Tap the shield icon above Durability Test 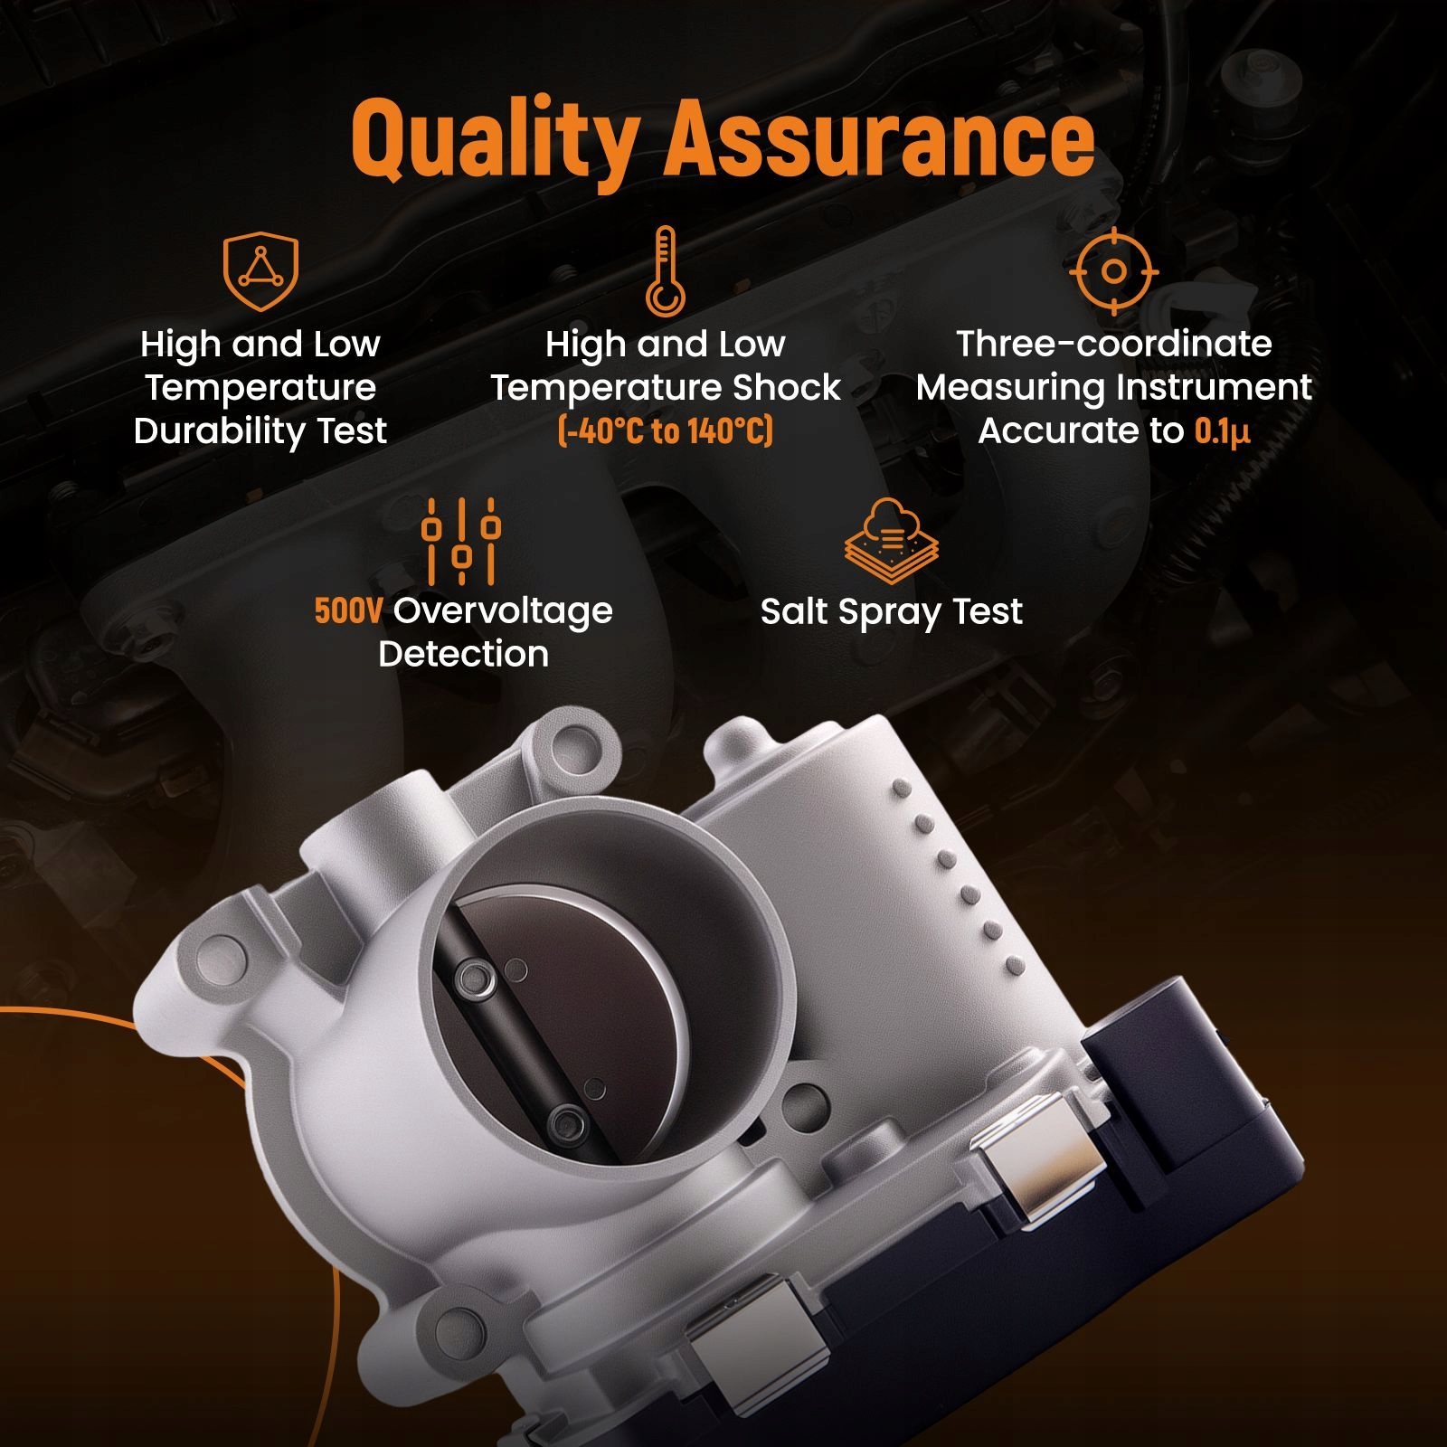pos(260,271)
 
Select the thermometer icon pos(664,271)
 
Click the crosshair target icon pos(1113,271)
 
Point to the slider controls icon pos(461,540)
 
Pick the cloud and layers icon pos(891,541)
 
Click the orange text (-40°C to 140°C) pos(666,430)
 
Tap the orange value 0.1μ pos(1222,430)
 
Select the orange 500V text pos(348,610)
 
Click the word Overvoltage pos(503,610)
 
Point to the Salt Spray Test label pos(891,612)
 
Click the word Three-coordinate pos(1113,344)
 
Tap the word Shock pos(786,387)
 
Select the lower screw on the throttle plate pos(566,1123)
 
